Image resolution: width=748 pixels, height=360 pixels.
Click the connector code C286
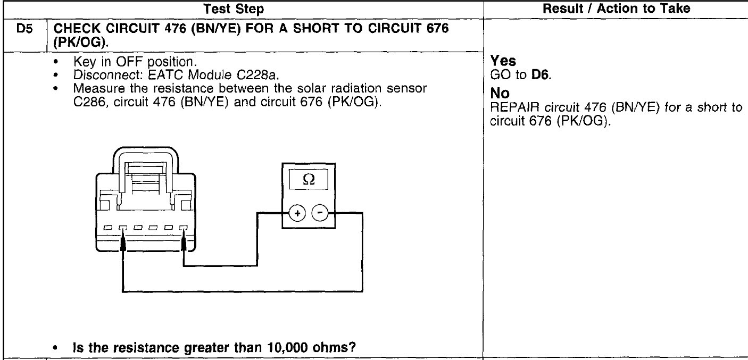coord(88,91)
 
